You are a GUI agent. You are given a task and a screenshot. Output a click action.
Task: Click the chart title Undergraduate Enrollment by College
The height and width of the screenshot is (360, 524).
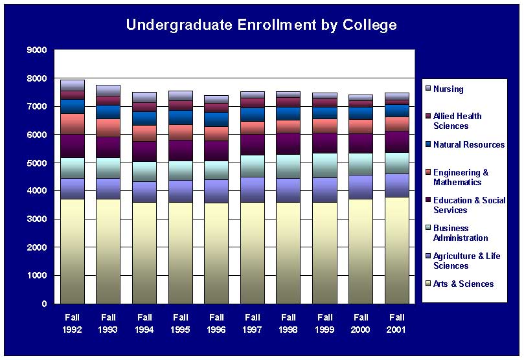[x=261, y=25]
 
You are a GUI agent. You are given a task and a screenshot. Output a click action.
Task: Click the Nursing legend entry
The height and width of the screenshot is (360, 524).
[x=448, y=89]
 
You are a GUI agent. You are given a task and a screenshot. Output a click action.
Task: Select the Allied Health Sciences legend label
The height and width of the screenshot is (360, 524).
[x=457, y=121]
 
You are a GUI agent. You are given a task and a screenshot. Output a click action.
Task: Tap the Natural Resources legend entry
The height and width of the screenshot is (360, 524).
[x=468, y=145]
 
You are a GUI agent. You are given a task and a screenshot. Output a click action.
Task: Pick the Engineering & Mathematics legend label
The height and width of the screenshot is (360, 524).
[x=461, y=177]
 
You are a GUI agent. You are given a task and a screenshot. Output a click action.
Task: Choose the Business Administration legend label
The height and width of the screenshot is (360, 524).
[x=461, y=233]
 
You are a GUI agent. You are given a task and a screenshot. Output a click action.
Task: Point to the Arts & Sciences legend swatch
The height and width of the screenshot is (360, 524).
[x=427, y=284]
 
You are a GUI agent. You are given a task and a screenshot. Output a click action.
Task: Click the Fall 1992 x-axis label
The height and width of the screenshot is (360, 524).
[x=73, y=322]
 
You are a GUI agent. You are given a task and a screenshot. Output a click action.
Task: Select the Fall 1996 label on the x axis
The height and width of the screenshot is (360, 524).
[x=217, y=322]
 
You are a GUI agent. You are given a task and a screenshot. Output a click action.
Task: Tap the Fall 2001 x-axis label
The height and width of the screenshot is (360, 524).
[x=397, y=322]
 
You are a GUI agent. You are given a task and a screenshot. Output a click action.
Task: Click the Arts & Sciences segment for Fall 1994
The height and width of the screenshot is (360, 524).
[x=144, y=253]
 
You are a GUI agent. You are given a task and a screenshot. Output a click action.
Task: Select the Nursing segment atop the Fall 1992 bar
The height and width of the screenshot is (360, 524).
[x=73, y=85]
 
